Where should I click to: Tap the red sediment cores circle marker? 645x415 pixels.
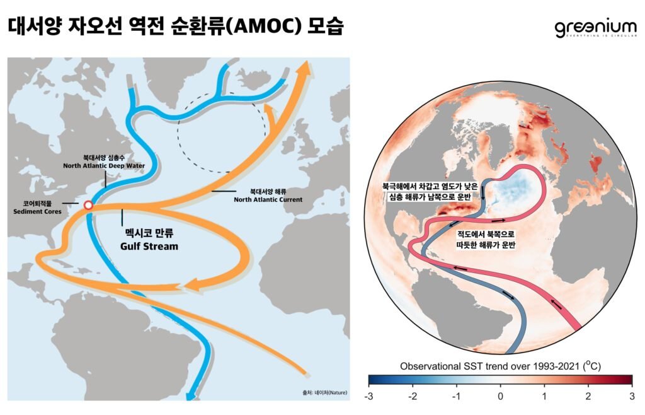pyautogui.click(x=88, y=205)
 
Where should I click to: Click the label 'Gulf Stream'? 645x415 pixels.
pyautogui.click(x=149, y=246)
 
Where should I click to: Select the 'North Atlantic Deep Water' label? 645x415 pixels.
pyautogui.click(x=104, y=166)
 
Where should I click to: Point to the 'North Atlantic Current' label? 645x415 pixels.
pyautogui.click(x=268, y=199)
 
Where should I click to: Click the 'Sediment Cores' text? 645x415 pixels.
pyautogui.click(x=38, y=212)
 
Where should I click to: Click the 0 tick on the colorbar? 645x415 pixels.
pyautogui.click(x=500, y=396)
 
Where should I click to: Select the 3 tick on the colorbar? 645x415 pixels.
pyautogui.click(x=632, y=396)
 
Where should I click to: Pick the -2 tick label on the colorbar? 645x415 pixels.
pyautogui.click(x=413, y=396)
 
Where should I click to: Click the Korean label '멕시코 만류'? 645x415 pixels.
pyautogui.click(x=149, y=232)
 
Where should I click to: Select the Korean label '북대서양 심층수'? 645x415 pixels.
pyautogui.click(x=104, y=158)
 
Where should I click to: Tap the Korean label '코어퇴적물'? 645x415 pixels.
pyautogui.click(x=37, y=204)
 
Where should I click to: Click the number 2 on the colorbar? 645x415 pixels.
pyautogui.click(x=588, y=396)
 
